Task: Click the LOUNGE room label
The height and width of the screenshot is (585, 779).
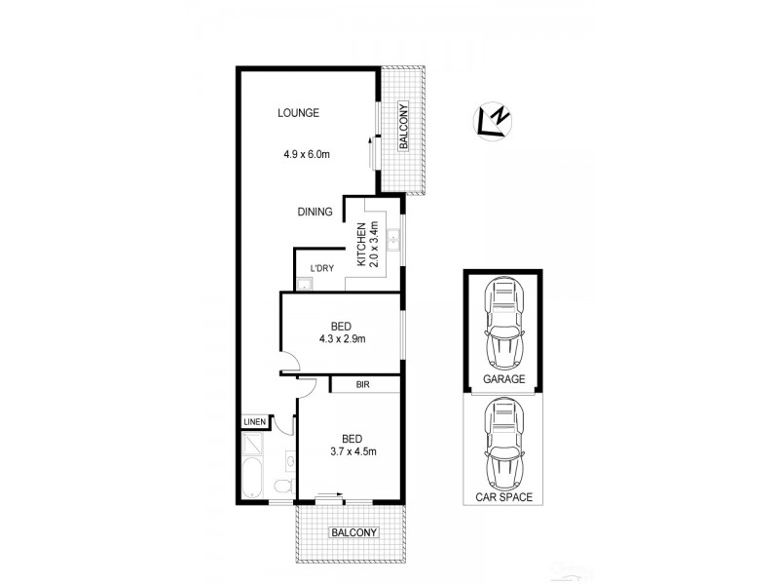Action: (298, 113)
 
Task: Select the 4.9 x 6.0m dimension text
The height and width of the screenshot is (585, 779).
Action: (308, 153)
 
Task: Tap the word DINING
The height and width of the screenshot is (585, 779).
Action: (315, 212)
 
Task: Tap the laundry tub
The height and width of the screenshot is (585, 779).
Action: (304, 284)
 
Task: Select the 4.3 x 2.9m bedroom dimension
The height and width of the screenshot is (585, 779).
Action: (340, 339)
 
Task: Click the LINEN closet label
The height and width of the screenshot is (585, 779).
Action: (254, 421)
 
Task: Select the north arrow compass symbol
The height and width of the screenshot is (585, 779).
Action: (493, 120)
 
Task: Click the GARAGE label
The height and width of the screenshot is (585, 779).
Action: (504, 379)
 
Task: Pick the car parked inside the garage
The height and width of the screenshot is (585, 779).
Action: (504, 323)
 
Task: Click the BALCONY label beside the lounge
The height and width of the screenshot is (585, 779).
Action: (402, 127)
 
